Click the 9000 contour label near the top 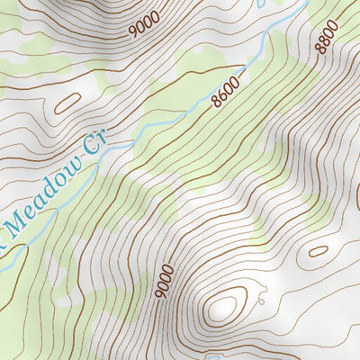pyautogui.click(x=144, y=23)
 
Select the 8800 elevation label pyautogui.click(x=327, y=39)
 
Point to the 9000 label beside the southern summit pyautogui.click(x=162, y=283)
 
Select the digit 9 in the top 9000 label pyautogui.click(x=134, y=31)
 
